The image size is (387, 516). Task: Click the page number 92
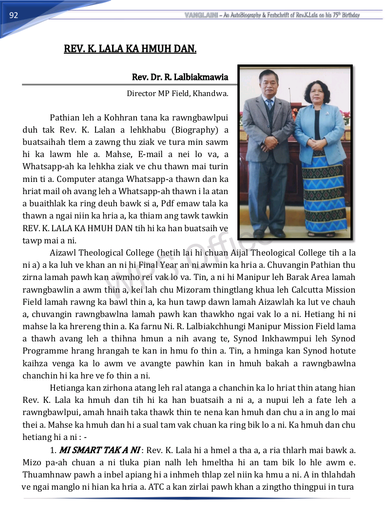14,16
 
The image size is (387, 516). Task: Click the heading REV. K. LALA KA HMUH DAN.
130,49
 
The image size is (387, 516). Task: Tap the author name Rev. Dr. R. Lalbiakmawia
180,78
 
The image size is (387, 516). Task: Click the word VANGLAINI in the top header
201,15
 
